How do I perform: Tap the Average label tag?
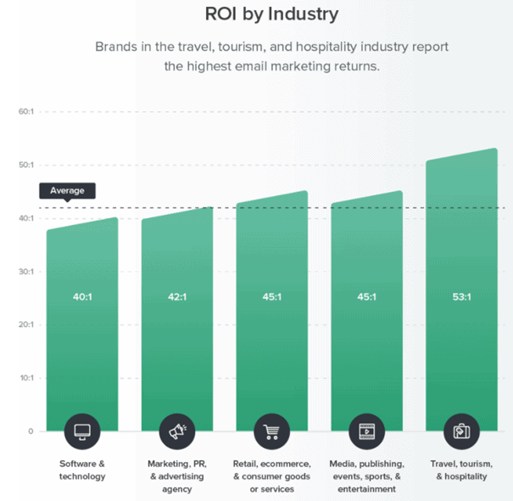pos(67,190)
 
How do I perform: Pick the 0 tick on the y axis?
pos(29,431)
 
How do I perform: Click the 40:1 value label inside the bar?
pos(82,297)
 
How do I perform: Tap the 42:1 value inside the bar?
pos(176,297)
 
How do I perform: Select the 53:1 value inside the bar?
pos(461,297)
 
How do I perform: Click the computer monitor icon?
pos(82,431)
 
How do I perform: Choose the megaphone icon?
pos(177,431)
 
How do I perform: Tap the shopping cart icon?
pos(272,431)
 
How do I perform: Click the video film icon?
pos(367,431)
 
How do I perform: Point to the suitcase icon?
pos(461,431)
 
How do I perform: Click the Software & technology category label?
pos(82,470)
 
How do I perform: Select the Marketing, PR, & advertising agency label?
pos(177,476)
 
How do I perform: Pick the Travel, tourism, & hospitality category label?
pos(462,470)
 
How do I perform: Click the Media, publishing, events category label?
pos(367,476)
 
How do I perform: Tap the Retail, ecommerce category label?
pos(272,476)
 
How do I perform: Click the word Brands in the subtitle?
pos(117,46)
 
